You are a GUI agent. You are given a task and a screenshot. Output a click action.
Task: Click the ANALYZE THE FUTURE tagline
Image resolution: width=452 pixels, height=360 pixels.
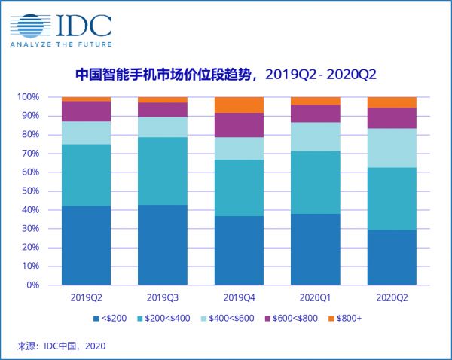[x=61, y=43]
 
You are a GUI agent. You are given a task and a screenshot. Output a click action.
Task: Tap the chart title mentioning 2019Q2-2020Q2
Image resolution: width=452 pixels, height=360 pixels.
[x=225, y=75]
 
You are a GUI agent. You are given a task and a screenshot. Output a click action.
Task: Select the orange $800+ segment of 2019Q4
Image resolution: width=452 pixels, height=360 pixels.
[x=239, y=105]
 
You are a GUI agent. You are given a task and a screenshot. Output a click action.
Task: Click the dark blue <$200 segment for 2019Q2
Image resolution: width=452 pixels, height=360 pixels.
[x=86, y=246]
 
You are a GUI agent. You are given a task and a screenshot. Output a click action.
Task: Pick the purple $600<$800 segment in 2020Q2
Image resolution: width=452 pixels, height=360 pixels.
[x=391, y=118]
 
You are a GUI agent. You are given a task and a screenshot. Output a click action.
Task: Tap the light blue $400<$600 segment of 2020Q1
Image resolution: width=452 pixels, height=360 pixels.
[x=315, y=137]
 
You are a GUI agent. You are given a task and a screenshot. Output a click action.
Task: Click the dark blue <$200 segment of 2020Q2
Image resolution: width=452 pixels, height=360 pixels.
[x=391, y=258]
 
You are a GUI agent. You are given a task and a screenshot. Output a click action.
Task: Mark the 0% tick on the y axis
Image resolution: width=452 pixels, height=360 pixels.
[x=32, y=285]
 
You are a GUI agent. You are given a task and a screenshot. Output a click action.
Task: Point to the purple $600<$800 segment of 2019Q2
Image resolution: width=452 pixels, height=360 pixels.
[x=86, y=111]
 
